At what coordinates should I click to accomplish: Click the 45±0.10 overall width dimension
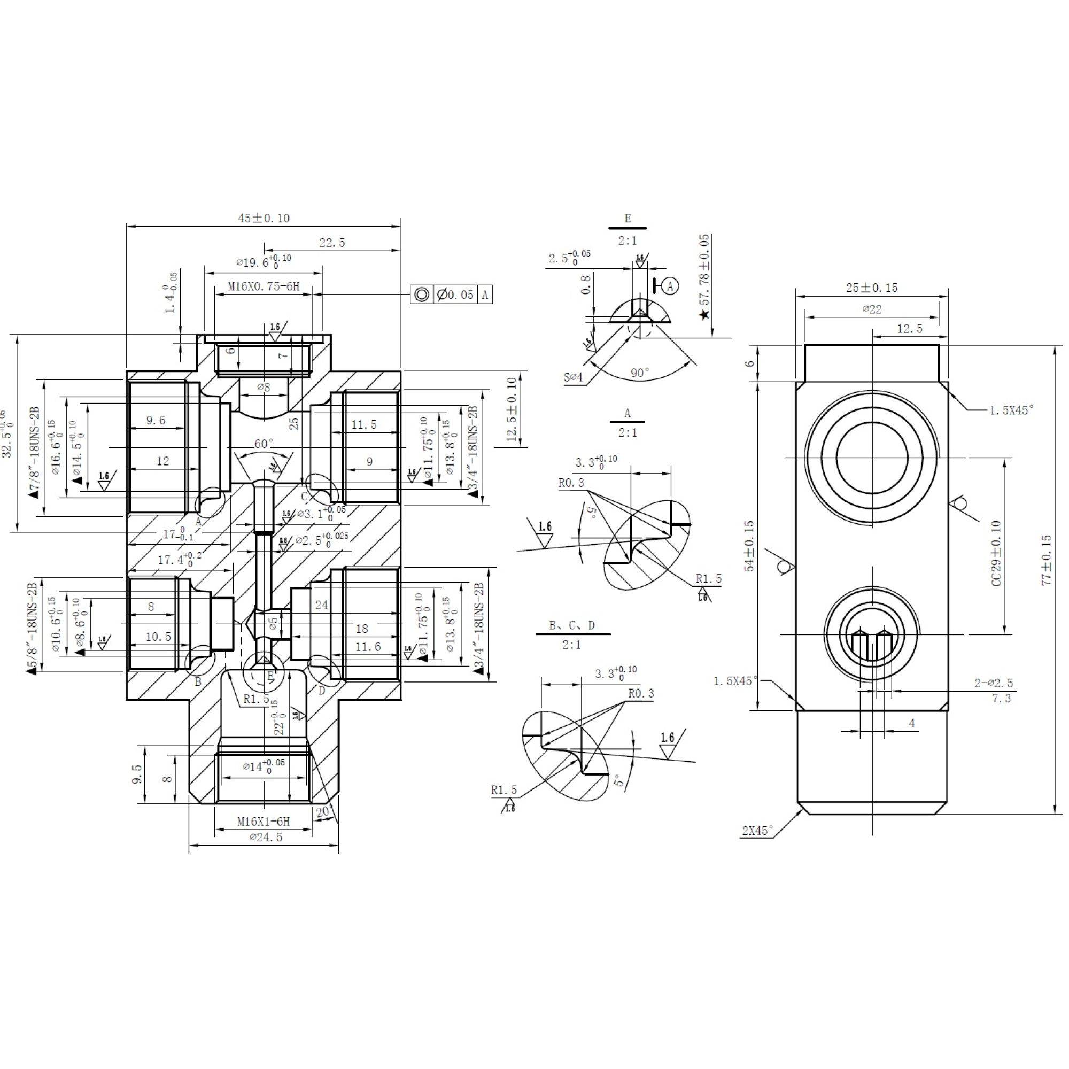click(x=264, y=218)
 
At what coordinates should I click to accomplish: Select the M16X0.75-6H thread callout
click(x=264, y=286)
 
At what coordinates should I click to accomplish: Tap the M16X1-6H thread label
click(x=264, y=822)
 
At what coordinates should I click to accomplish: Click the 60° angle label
click(x=264, y=444)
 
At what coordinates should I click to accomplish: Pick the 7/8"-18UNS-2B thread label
click(x=34, y=453)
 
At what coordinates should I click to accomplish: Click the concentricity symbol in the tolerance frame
click(x=422, y=295)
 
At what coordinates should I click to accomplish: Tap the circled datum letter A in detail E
click(x=671, y=286)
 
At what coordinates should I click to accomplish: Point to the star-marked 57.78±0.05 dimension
click(x=704, y=277)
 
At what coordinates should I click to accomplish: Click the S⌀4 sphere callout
click(x=573, y=377)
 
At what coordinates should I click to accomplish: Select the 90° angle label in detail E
click(x=640, y=373)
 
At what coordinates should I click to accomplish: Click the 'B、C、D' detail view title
click(x=572, y=626)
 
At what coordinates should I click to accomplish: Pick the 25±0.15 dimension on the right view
click(x=871, y=288)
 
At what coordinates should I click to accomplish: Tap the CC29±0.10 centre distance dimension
click(x=996, y=553)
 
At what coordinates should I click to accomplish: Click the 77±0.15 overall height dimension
click(x=1047, y=560)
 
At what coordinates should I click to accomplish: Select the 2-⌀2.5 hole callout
click(x=994, y=683)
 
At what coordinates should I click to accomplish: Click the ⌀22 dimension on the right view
click(x=872, y=309)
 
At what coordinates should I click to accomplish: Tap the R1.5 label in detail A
click(x=709, y=579)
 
